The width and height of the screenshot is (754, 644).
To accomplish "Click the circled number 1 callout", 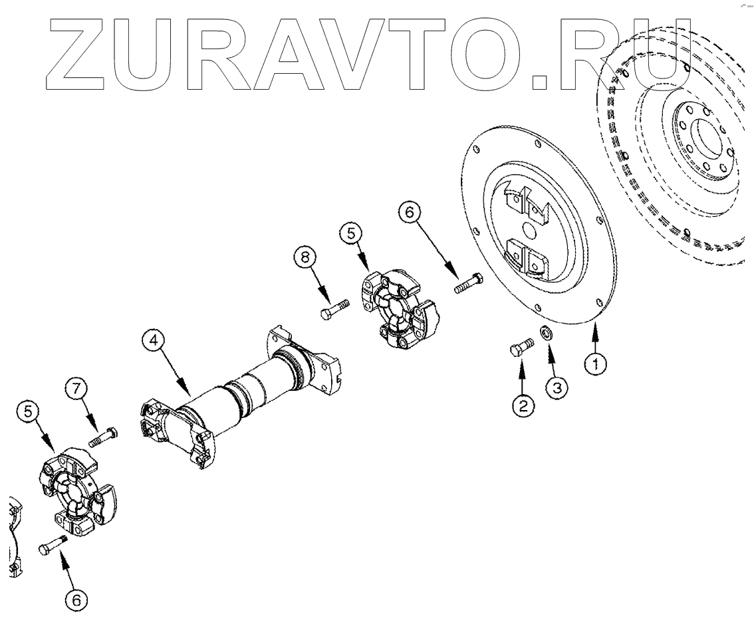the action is (x=596, y=364).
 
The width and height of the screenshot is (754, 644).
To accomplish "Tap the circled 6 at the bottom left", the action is (x=76, y=599).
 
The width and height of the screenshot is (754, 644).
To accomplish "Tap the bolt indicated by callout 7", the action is (x=103, y=437).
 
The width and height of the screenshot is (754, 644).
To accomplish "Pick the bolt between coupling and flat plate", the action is (x=469, y=283).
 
